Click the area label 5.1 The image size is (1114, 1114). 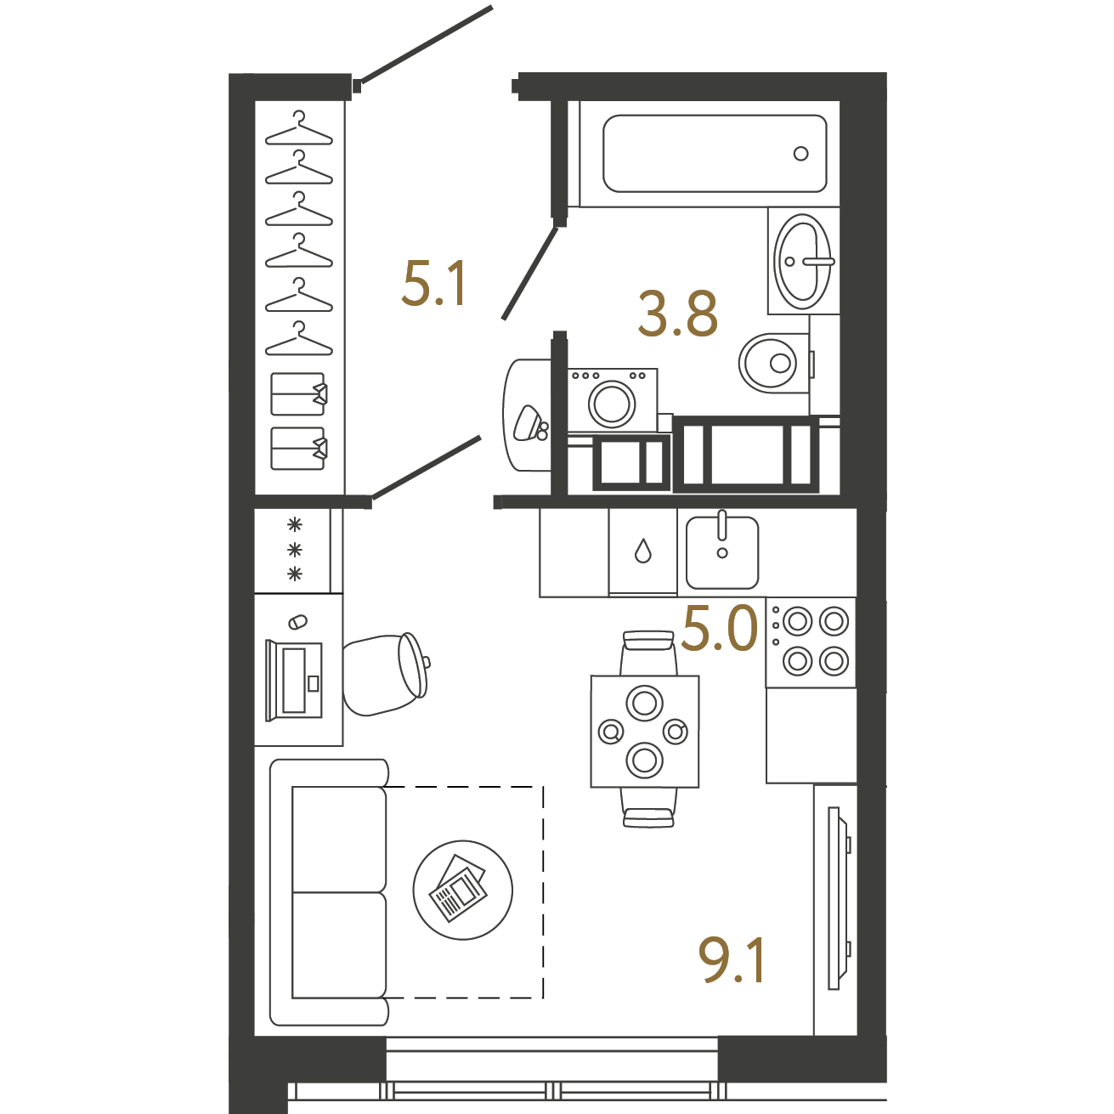click(433, 283)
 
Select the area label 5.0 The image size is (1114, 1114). click(720, 627)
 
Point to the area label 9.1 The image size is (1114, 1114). click(732, 960)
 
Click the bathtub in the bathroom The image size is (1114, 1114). click(715, 153)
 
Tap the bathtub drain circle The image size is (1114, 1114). click(800, 154)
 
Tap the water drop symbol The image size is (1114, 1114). click(643, 551)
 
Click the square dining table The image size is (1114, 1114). click(645, 732)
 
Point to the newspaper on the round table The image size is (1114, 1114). click(458, 888)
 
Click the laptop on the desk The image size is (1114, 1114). click(294, 681)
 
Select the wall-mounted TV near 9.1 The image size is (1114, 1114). click(840, 898)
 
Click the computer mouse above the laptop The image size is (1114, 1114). click(297, 622)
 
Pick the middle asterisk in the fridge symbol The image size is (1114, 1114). click(296, 550)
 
